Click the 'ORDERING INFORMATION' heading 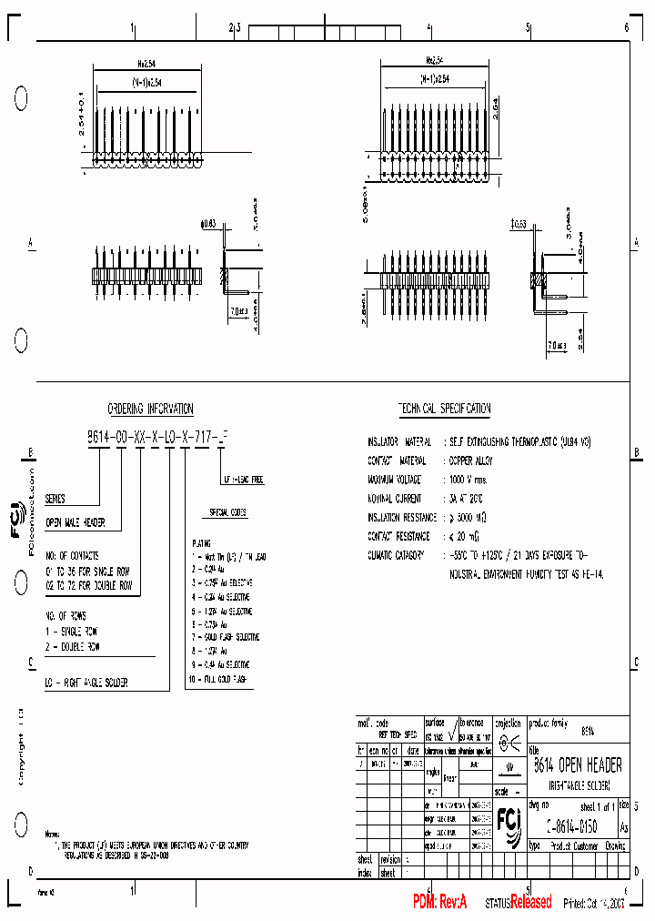tap(151, 410)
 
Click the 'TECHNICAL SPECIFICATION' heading tap(444, 410)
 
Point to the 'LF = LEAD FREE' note tap(244, 480)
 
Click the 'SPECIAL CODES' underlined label tap(228, 513)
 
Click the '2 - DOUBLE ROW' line tap(73, 646)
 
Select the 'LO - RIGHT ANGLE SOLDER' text tap(86, 682)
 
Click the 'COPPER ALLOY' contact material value tap(471, 461)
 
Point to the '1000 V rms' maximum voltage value tap(469, 479)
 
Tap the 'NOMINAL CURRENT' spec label tap(395, 499)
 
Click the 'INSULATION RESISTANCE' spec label tap(401, 518)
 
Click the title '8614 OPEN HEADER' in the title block tap(577, 766)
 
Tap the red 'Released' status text tap(530, 903)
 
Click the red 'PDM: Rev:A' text tap(439, 902)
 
